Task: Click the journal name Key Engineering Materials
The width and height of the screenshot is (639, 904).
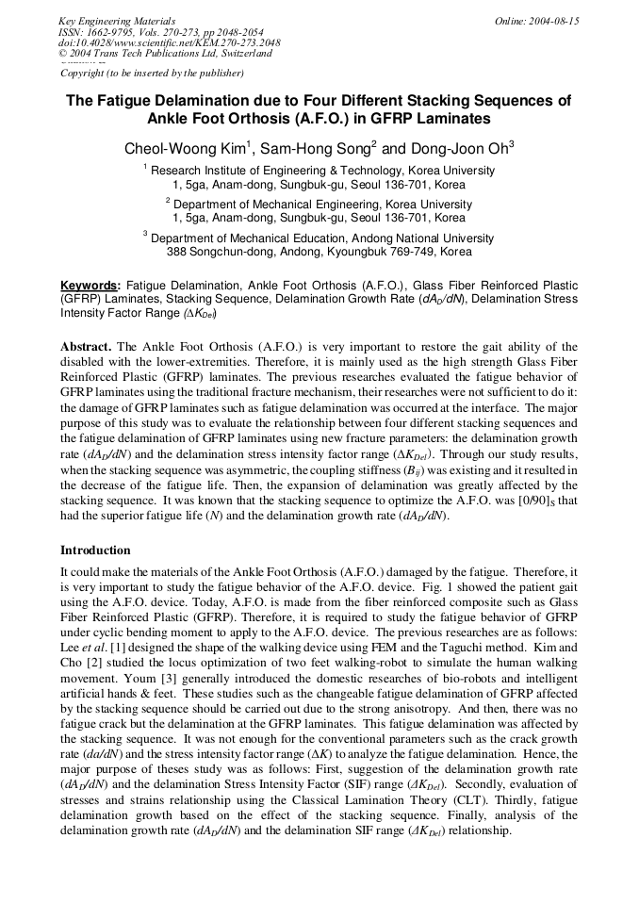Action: (117, 21)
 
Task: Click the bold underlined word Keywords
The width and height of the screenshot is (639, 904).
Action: (90, 285)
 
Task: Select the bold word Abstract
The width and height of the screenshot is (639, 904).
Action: (87, 347)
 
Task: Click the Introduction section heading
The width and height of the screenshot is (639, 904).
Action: (95, 550)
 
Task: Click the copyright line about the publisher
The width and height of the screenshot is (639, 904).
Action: (152, 73)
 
